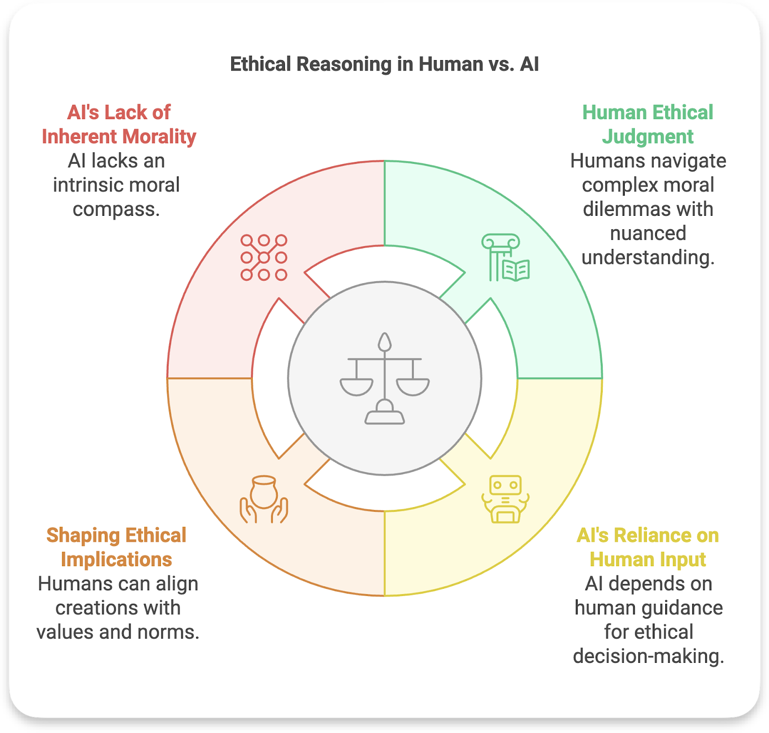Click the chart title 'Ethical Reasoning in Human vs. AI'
point(384,64)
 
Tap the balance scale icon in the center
point(384,378)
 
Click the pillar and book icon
point(505,258)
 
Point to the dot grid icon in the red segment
point(264,258)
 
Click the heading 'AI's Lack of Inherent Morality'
point(119,124)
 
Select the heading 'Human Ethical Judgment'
point(647,124)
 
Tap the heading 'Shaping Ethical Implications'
point(116,547)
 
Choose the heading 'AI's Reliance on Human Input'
point(647,547)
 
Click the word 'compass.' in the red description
point(116,210)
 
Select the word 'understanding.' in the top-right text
point(648,258)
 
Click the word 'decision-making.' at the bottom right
point(648,656)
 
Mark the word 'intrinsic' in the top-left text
point(87,185)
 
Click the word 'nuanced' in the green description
point(648,234)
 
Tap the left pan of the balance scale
point(356,386)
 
